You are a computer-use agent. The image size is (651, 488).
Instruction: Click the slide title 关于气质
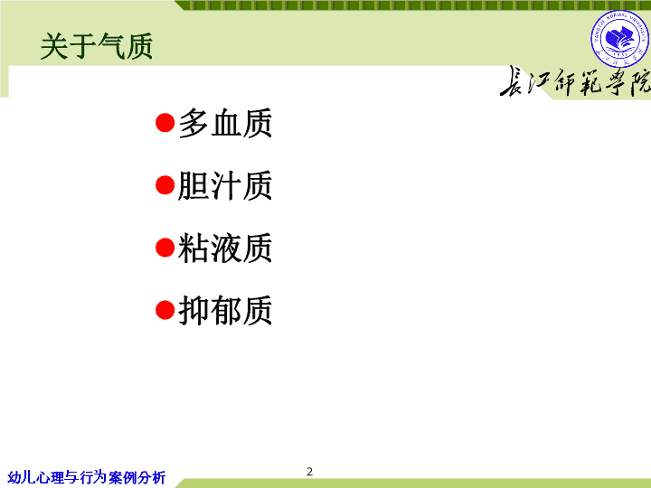pyautogui.click(x=97, y=46)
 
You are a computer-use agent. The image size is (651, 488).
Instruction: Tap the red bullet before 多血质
pyautogui.click(x=165, y=123)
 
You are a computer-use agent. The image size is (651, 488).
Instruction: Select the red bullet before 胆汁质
pyautogui.click(x=165, y=185)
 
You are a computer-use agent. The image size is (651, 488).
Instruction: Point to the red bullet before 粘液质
pyautogui.click(x=165, y=248)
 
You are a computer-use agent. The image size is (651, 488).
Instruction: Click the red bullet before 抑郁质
pyautogui.click(x=165, y=310)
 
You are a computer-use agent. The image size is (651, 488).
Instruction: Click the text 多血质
pyautogui.click(x=225, y=123)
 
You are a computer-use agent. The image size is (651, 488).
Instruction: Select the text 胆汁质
pyautogui.click(x=225, y=185)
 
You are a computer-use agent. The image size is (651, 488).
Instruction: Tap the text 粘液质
pyautogui.click(x=225, y=248)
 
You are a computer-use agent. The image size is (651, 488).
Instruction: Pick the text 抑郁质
pyautogui.click(x=225, y=310)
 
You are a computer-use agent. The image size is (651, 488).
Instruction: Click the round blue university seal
pyautogui.click(x=620, y=39)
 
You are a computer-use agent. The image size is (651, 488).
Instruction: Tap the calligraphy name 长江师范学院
pyautogui.click(x=575, y=81)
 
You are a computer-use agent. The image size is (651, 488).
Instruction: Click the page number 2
pyautogui.click(x=310, y=472)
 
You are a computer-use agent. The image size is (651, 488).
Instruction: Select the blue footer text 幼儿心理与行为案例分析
pyautogui.click(x=87, y=477)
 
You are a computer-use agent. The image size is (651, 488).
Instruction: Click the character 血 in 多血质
pyautogui.click(x=225, y=123)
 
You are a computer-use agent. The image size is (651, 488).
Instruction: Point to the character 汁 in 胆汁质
pyautogui.click(x=225, y=185)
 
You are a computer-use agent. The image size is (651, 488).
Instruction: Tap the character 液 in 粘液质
pyautogui.click(x=225, y=248)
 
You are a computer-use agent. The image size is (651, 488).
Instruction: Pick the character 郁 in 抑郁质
pyautogui.click(x=225, y=310)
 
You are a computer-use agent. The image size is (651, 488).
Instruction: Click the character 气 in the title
pyautogui.click(x=111, y=46)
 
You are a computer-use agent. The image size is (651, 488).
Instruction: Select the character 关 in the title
pyautogui.click(x=54, y=46)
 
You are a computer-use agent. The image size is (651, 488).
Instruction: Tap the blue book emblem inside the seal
pyautogui.click(x=620, y=37)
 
